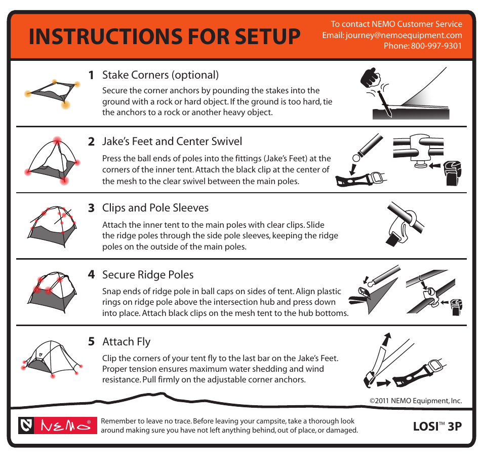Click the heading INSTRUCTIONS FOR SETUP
(164, 37)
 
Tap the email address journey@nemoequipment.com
(404, 35)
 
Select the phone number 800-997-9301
(436, 46)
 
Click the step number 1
(91, 75)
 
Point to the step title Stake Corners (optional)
(160, 75)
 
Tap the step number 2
(91, 141)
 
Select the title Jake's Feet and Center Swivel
(172, 141)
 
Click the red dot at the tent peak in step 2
(57, 140)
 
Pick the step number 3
(91, 208)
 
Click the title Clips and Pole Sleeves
(155, 208)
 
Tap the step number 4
(91, 275)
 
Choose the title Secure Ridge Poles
(148, 275)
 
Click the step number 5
(91, 342)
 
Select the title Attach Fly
(126, 342)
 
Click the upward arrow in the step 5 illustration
(386, 339)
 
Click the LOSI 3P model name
(437, 427)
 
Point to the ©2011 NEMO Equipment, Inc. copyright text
(416, 401)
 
